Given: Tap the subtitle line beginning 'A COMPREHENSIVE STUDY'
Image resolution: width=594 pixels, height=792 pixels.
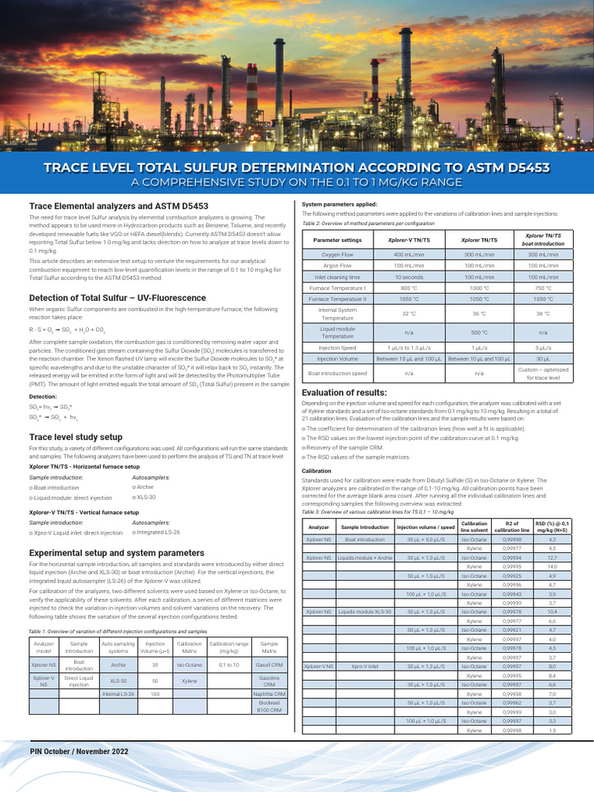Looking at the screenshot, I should click(296, 183).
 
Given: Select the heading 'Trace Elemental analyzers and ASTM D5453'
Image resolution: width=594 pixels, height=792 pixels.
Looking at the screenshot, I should click(118, 206).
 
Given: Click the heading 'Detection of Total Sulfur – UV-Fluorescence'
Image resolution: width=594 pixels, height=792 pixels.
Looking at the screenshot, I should click(118, 298).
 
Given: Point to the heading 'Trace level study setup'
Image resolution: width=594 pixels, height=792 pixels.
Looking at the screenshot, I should click(76, 437).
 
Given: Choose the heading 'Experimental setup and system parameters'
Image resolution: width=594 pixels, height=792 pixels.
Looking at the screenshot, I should click(117, 553).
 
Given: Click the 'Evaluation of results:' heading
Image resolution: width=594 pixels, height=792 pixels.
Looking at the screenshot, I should click(344, 392).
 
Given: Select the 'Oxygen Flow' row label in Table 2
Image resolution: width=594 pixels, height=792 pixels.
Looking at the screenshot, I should click(337, 254).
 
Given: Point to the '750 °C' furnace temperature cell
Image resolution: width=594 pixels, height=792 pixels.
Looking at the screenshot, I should click(544, 288).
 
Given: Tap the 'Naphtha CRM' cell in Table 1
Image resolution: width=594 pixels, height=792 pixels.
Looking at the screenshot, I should click(269, 694).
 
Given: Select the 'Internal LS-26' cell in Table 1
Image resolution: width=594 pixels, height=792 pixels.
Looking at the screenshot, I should click(118, 694).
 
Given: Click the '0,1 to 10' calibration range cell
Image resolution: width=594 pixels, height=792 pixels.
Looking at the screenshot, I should click(229, 664).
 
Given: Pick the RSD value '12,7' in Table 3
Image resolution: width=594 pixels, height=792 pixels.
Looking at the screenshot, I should click(552, 557).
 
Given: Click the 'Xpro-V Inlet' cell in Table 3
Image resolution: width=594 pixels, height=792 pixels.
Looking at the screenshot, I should click(364, 666).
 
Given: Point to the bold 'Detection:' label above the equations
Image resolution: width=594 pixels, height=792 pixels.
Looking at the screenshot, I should click(43, 397).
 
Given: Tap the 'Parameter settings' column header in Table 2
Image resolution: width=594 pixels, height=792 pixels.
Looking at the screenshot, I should click(337, 240).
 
